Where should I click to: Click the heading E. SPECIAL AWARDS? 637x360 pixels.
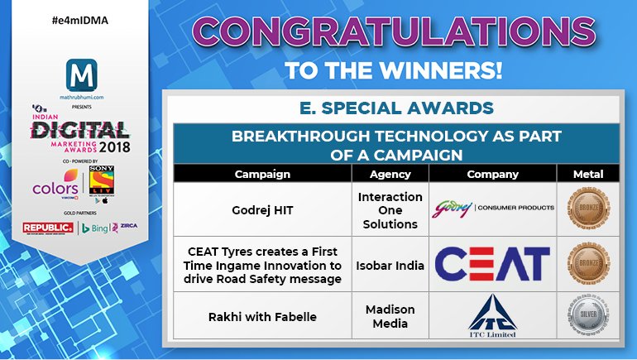(400, 108)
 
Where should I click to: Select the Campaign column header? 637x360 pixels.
(262, 175)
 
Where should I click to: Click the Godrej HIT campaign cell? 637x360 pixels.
(262, 209)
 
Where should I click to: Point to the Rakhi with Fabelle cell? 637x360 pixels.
(262, 315)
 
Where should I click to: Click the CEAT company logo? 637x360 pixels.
(492, 264)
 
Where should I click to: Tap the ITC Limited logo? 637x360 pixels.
(492, 315)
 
